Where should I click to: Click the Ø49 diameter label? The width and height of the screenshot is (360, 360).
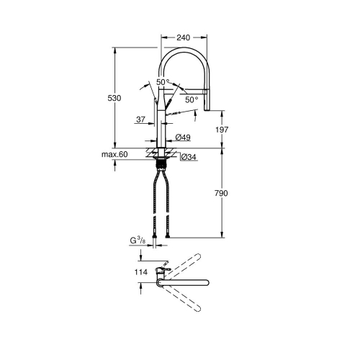click(x=182, y=138)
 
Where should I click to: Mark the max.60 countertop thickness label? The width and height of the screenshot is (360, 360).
click(x=114, y=155)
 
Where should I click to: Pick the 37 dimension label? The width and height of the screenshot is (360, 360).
click(x=140, y=119)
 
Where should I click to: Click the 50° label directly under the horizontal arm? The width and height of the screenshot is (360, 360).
click(x=191, y=99)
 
